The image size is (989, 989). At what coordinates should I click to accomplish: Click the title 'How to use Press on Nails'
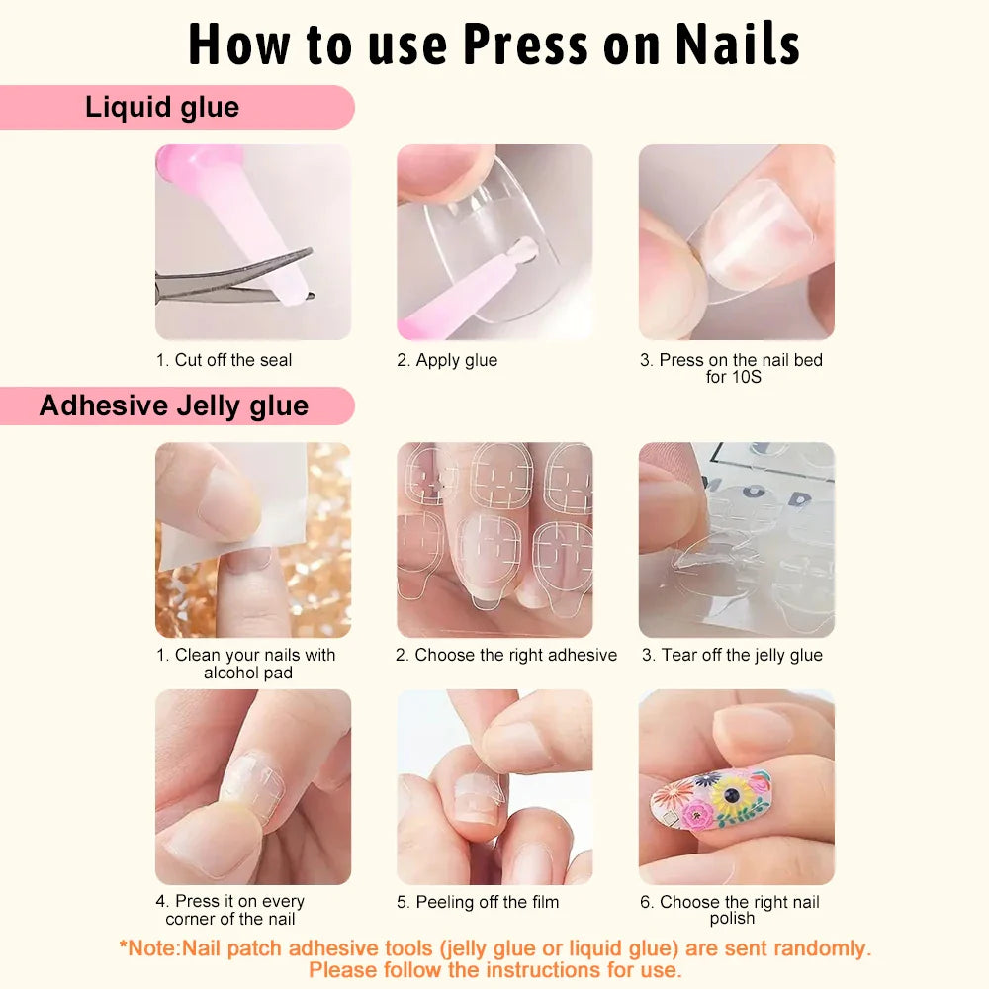pos(494,44)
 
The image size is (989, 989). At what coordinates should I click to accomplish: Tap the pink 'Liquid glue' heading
pos(162,107)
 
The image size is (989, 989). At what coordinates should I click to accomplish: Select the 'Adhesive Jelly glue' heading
pos(174,406)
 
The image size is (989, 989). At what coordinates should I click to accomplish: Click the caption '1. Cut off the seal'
pos(225,360)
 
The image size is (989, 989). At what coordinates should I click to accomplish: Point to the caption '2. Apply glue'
pos(447,360)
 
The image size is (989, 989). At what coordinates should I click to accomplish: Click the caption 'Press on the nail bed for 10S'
pos(732,368)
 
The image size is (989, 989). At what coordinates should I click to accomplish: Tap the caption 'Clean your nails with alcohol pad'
pos(246,664)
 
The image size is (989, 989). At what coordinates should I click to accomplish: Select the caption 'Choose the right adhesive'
pos(506,655)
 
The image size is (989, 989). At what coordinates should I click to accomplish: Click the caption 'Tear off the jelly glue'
pos(732,655)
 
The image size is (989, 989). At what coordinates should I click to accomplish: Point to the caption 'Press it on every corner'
pos(230,910)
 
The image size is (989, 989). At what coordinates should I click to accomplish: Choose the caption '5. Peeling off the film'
pos(478,902)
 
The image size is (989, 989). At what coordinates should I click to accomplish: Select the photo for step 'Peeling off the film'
pos(494,786)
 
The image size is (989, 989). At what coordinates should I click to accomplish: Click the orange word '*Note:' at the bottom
pos(150,948)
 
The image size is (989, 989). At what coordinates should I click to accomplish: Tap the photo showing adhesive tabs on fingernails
pos(494,539)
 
